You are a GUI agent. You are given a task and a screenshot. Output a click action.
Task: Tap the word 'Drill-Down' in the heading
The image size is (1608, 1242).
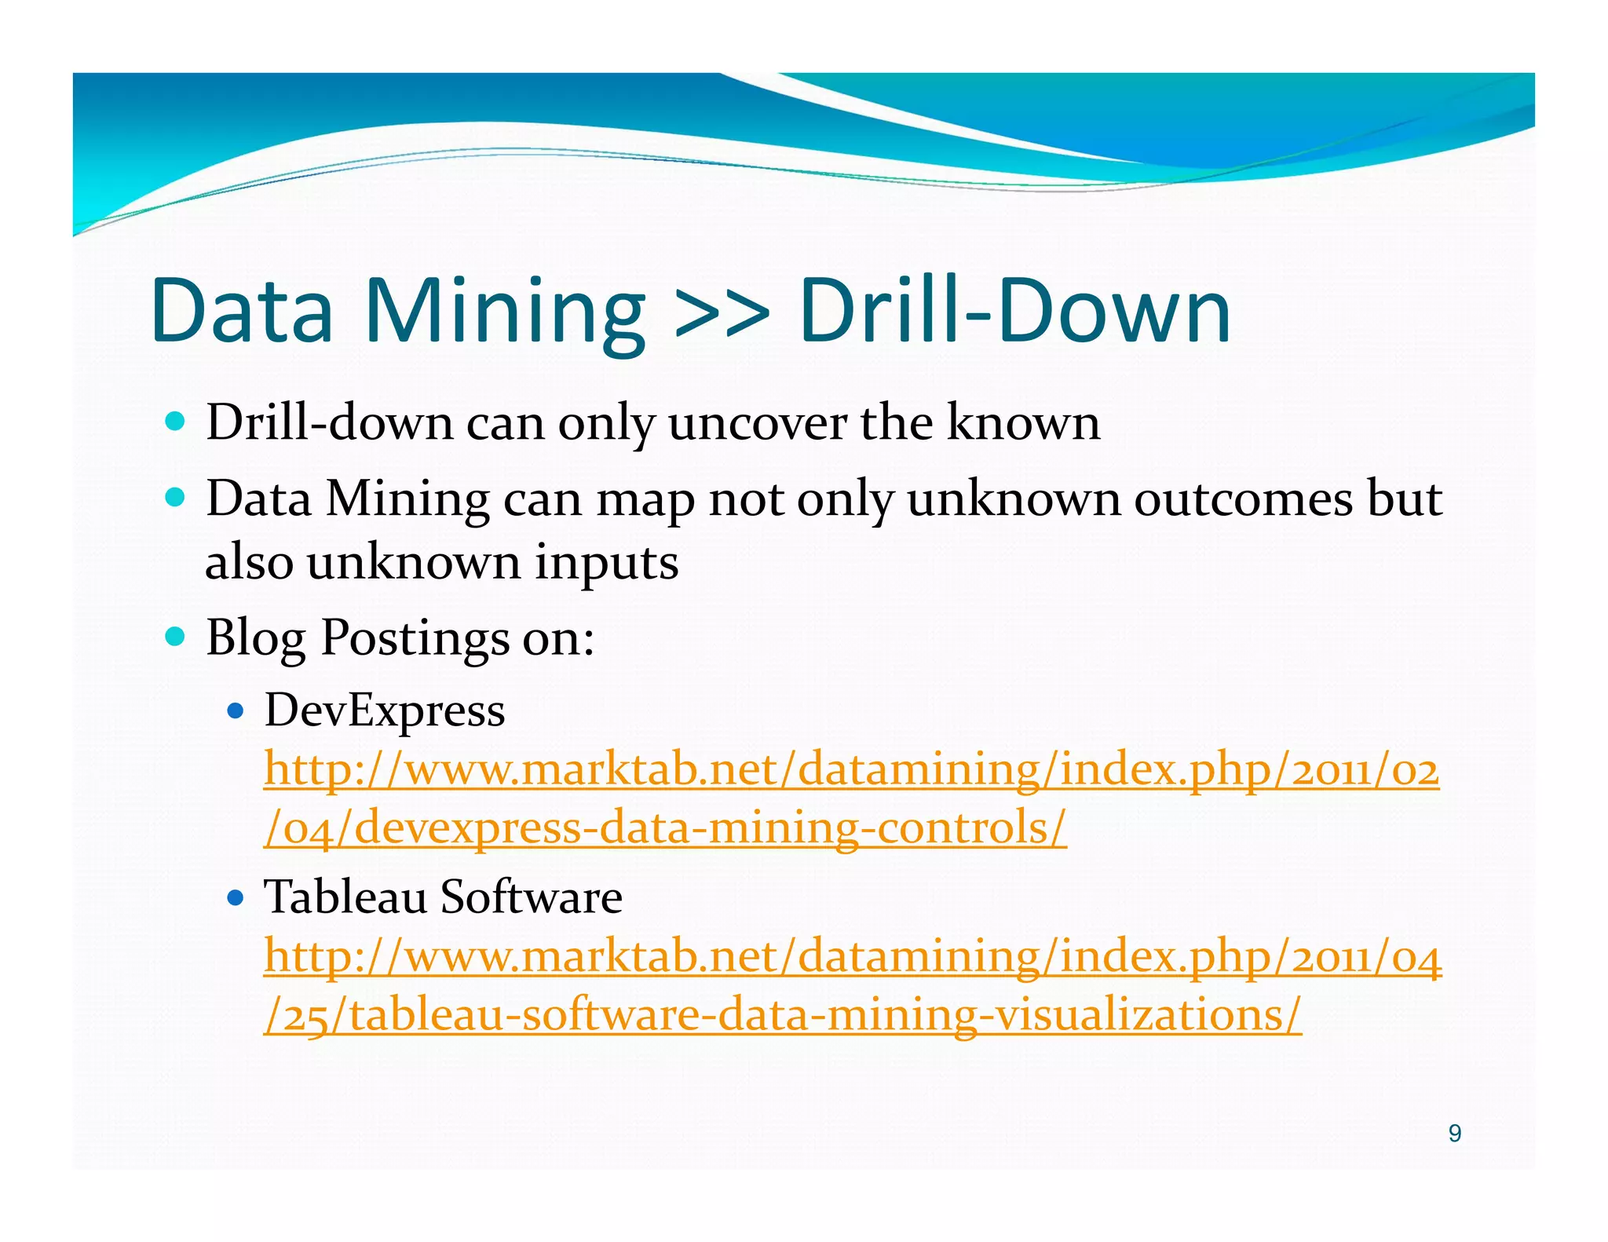(1014, 312)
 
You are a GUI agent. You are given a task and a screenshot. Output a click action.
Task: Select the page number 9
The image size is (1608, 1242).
(1454, 1134)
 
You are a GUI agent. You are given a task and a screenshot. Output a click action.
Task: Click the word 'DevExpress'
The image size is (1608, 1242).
(385, 711)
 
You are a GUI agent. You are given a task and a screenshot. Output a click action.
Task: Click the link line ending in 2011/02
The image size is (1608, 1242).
(851, 769)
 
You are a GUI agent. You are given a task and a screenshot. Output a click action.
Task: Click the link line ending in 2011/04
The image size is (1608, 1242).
(853, 957)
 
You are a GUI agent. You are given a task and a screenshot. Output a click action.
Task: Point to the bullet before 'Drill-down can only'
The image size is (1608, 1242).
(176, 422)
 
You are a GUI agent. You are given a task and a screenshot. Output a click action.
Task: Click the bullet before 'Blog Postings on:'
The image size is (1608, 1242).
(176, 636)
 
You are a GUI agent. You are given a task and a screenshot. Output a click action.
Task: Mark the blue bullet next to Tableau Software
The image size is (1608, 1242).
(235, 897)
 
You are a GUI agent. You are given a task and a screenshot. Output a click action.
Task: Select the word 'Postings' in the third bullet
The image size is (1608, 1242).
(415, 638)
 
